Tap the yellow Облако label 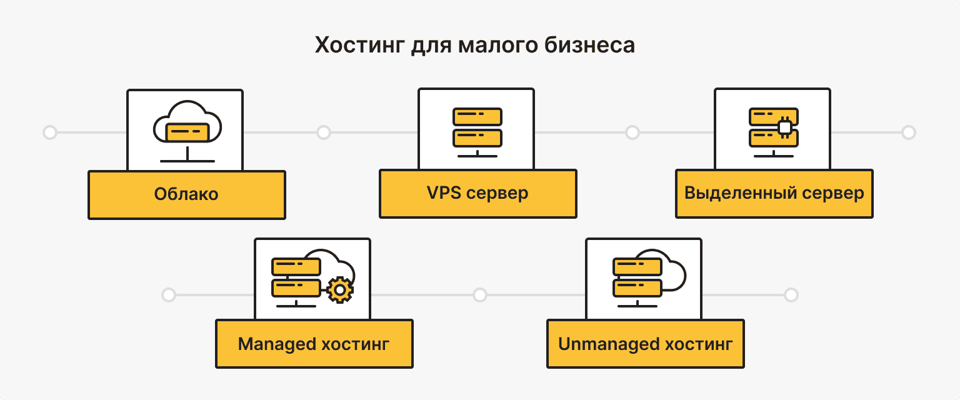pos(186,194)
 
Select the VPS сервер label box pos(477,193)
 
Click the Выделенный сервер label pos(774,193)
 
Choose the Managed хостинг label pos(314,344)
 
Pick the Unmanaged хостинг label pos(645,344)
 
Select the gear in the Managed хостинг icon pos(339,289)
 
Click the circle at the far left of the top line pos(49,132)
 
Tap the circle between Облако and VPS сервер pos(323,132)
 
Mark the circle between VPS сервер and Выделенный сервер pos(632,132)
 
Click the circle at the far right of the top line pos(909,132)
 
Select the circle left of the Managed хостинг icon pos(168,294)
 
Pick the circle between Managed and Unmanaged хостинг pos(479,294)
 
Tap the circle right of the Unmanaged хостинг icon pos(791,294)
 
